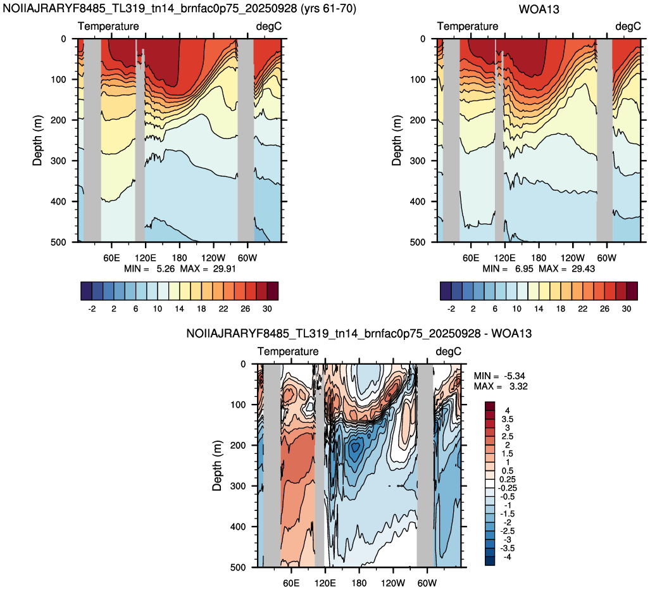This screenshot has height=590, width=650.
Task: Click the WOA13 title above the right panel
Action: (539, 9)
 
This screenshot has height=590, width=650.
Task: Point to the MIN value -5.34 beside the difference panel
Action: (515, 376)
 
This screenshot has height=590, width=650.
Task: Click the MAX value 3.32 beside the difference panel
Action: (516, 386)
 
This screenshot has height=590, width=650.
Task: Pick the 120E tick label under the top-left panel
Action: (146, 258)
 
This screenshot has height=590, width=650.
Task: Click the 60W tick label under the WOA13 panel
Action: (606, 258)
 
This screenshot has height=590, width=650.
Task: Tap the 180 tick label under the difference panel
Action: (359, 583)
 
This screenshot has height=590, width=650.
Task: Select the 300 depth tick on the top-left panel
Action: (58, 161)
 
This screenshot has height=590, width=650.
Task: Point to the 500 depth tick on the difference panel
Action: (237, 567)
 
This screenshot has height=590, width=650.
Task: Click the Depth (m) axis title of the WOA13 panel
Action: (397, 141)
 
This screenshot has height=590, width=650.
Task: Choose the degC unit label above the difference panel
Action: (448, 351)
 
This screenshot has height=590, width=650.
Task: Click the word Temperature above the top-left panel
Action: (108, 26)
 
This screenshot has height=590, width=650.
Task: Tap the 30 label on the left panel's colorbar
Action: (267, 309)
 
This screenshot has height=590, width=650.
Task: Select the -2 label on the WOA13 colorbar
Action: (451, 309)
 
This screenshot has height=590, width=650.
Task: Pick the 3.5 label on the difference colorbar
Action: (507, 419)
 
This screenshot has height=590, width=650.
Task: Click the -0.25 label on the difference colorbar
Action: (507, 488)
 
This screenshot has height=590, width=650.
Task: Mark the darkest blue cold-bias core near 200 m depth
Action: (356, 448)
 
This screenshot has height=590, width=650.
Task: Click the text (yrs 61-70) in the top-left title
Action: (328, 8)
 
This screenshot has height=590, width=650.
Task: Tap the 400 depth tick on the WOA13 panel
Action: (417, 201)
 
